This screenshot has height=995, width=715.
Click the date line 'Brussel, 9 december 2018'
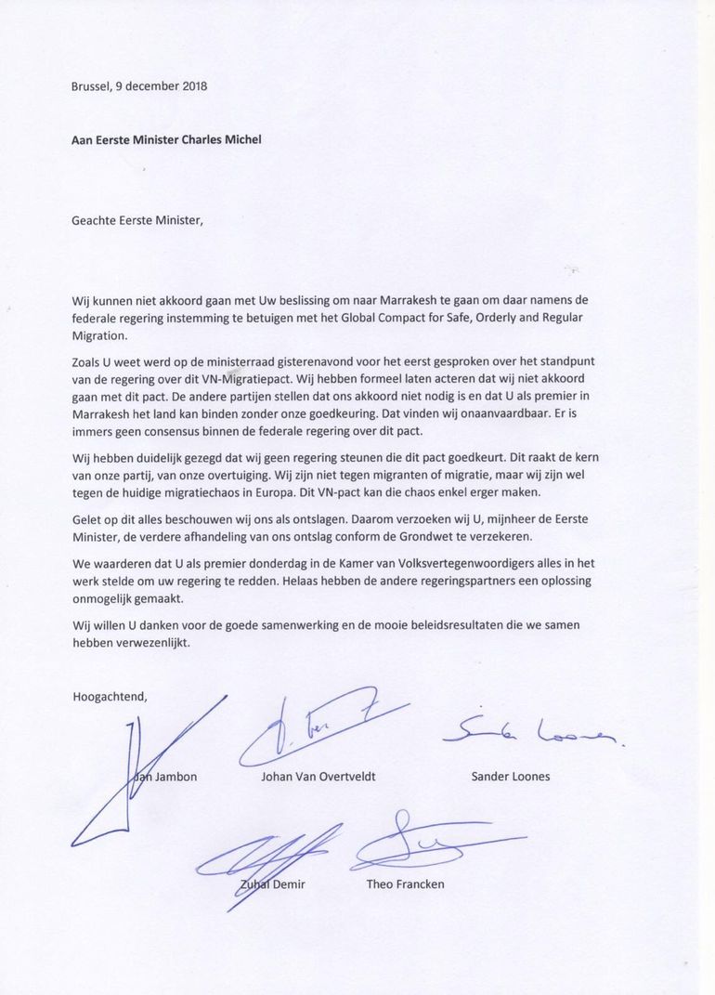pos(139,86)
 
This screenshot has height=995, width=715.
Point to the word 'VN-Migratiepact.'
pos(268,379)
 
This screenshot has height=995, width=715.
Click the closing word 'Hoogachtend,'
pos(109,693)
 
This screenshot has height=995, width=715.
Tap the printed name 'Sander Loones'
pos(511,777)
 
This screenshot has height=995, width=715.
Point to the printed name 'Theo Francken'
pos(406,884)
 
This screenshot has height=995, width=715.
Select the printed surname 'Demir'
pos(289,884)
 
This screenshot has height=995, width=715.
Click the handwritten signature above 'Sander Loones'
pos(529,734)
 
